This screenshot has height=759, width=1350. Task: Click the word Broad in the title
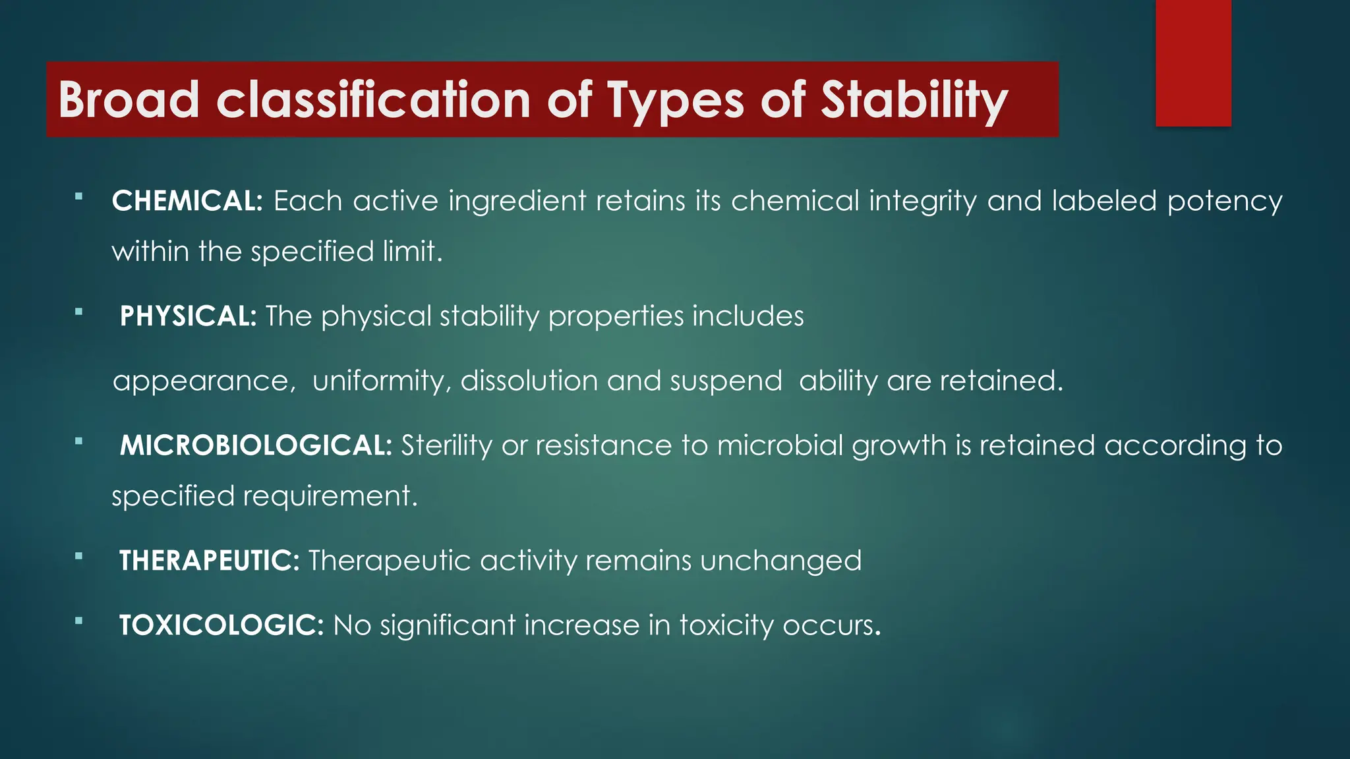point(129,100)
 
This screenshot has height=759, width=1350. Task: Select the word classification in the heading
point(373,100)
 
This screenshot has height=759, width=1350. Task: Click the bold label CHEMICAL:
point(187,201)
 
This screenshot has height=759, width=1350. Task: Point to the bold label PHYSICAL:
point(188,316)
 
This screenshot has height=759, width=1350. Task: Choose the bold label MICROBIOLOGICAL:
point(256,445)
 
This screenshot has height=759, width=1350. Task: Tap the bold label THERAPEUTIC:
point(209,561)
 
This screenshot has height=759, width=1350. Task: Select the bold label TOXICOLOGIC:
point(221,625)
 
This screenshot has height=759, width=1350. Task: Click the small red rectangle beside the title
point(1193,63)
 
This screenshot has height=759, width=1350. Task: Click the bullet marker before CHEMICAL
point(79,196)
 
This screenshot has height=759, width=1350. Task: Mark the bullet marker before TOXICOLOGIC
point(79,621)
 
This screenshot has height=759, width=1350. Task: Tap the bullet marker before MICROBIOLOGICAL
point(79,441)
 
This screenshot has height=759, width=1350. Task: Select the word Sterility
point(446,446)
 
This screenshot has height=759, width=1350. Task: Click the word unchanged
point(780,561)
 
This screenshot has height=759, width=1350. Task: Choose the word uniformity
point(381,381)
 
